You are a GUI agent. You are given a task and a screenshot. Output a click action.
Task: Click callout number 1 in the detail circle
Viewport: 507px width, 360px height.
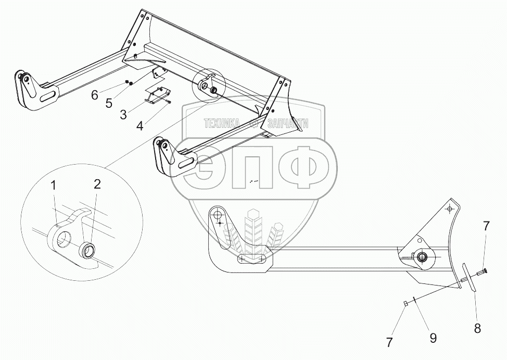[x=54, y=185]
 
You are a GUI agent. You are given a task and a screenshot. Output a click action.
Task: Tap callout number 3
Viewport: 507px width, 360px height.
[x=123, y=115]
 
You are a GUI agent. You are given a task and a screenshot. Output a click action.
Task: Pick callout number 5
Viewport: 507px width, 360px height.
[x=109, y=103]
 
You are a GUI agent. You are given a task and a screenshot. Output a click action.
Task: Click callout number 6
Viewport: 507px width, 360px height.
[x=94, y=94]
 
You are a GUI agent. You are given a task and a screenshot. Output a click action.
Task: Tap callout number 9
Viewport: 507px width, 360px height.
[x=433, y=338]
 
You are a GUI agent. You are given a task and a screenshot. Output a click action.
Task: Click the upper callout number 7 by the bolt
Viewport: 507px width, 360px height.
[x=486, y=226]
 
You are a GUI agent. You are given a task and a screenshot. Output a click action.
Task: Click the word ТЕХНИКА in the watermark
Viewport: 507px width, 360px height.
[x=221, y=123]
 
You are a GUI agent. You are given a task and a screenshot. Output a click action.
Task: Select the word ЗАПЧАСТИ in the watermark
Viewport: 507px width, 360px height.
[x=287, y=123]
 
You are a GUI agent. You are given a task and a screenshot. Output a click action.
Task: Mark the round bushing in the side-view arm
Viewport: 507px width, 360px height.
[x=421, y=256]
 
